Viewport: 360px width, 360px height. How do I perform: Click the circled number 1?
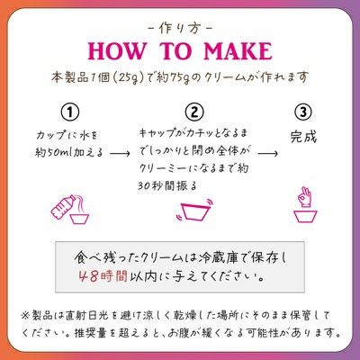click(70, 112)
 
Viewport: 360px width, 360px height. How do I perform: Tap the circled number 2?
click(194, 112)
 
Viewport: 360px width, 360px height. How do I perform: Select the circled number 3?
click(303, 112)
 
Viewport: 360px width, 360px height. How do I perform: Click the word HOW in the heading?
click(118, 51)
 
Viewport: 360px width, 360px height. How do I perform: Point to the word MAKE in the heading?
click(238, 51)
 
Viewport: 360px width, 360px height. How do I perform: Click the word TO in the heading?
click(175, 51)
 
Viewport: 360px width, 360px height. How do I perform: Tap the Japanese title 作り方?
click(180, 29)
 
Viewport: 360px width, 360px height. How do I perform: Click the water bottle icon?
click(64, 206)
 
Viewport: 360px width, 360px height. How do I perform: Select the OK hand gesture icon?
click(305, 197)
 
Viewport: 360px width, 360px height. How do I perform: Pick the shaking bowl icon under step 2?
click(193, 211)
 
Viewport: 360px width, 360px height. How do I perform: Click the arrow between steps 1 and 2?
click(120, 153)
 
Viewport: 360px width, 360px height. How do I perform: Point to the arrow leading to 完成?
click(267, 153)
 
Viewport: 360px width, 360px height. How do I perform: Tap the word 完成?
click(303, 137)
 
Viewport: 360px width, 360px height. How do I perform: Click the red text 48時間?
click(103, 276)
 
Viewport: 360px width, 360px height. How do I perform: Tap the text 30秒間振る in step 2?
click(167, 186)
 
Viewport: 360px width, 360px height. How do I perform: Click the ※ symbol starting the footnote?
click(25, 315)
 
